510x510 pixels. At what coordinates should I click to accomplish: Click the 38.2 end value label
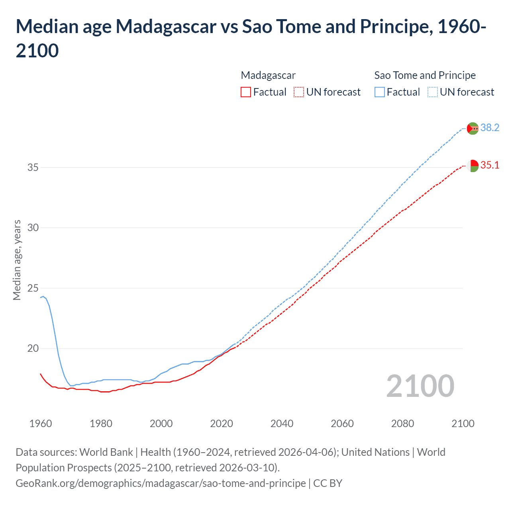(x=490, y=127)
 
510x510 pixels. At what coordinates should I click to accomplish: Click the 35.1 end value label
(x=490, y=165)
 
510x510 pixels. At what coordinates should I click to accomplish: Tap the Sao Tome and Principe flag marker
(x=473, y=128)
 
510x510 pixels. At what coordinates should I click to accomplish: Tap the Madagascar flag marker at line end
(x=473, y=166)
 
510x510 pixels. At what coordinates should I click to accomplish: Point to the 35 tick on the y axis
(x=33, y=167)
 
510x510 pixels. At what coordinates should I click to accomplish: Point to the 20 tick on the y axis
(x=33, y=348)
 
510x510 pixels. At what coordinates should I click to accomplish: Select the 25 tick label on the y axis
(x=33, y=288)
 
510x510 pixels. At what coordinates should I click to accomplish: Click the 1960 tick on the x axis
(x=41, y=424)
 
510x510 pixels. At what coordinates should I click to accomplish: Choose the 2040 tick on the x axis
(x=282, y=424)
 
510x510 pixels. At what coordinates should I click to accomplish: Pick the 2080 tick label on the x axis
(x=402, y=424)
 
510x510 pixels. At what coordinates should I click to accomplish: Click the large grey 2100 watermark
(x=420, y=386)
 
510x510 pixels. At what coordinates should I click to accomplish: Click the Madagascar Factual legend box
(x=246, y=92)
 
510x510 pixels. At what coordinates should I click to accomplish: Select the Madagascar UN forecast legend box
(x=299, y=92)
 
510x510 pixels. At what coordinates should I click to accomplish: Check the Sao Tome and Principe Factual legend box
(x=380, y=92)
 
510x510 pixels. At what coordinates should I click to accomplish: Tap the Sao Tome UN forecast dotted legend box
(x=433, y=92)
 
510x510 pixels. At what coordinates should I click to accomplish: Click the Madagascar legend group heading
(x=268, y=75)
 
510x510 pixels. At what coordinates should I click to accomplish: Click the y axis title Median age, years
(x=17, y=260)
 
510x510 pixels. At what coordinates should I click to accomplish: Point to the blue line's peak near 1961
(x=43, y=296)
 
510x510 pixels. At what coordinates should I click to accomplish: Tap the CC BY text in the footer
(x=328, y=483)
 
